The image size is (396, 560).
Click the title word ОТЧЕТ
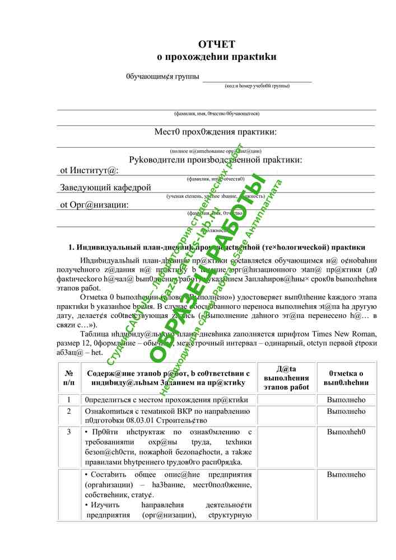[x=216, y=44]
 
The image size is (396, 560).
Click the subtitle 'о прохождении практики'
[x=216, y=57]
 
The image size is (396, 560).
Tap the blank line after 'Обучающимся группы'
[x=257, y=78]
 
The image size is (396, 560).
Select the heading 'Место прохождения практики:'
[x=216, y=132]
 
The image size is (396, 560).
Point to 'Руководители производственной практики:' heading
[x=216, y=160]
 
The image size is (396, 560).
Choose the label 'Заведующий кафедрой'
[x=106, y=187]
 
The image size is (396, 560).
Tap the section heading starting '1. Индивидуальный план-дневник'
[x=217, y=247]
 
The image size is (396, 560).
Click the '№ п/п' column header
[x=69, y=377]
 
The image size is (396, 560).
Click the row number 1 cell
[x=69, y=400]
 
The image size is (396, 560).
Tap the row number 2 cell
[x=69, y=411]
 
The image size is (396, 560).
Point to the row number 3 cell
[x=69, y=432]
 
